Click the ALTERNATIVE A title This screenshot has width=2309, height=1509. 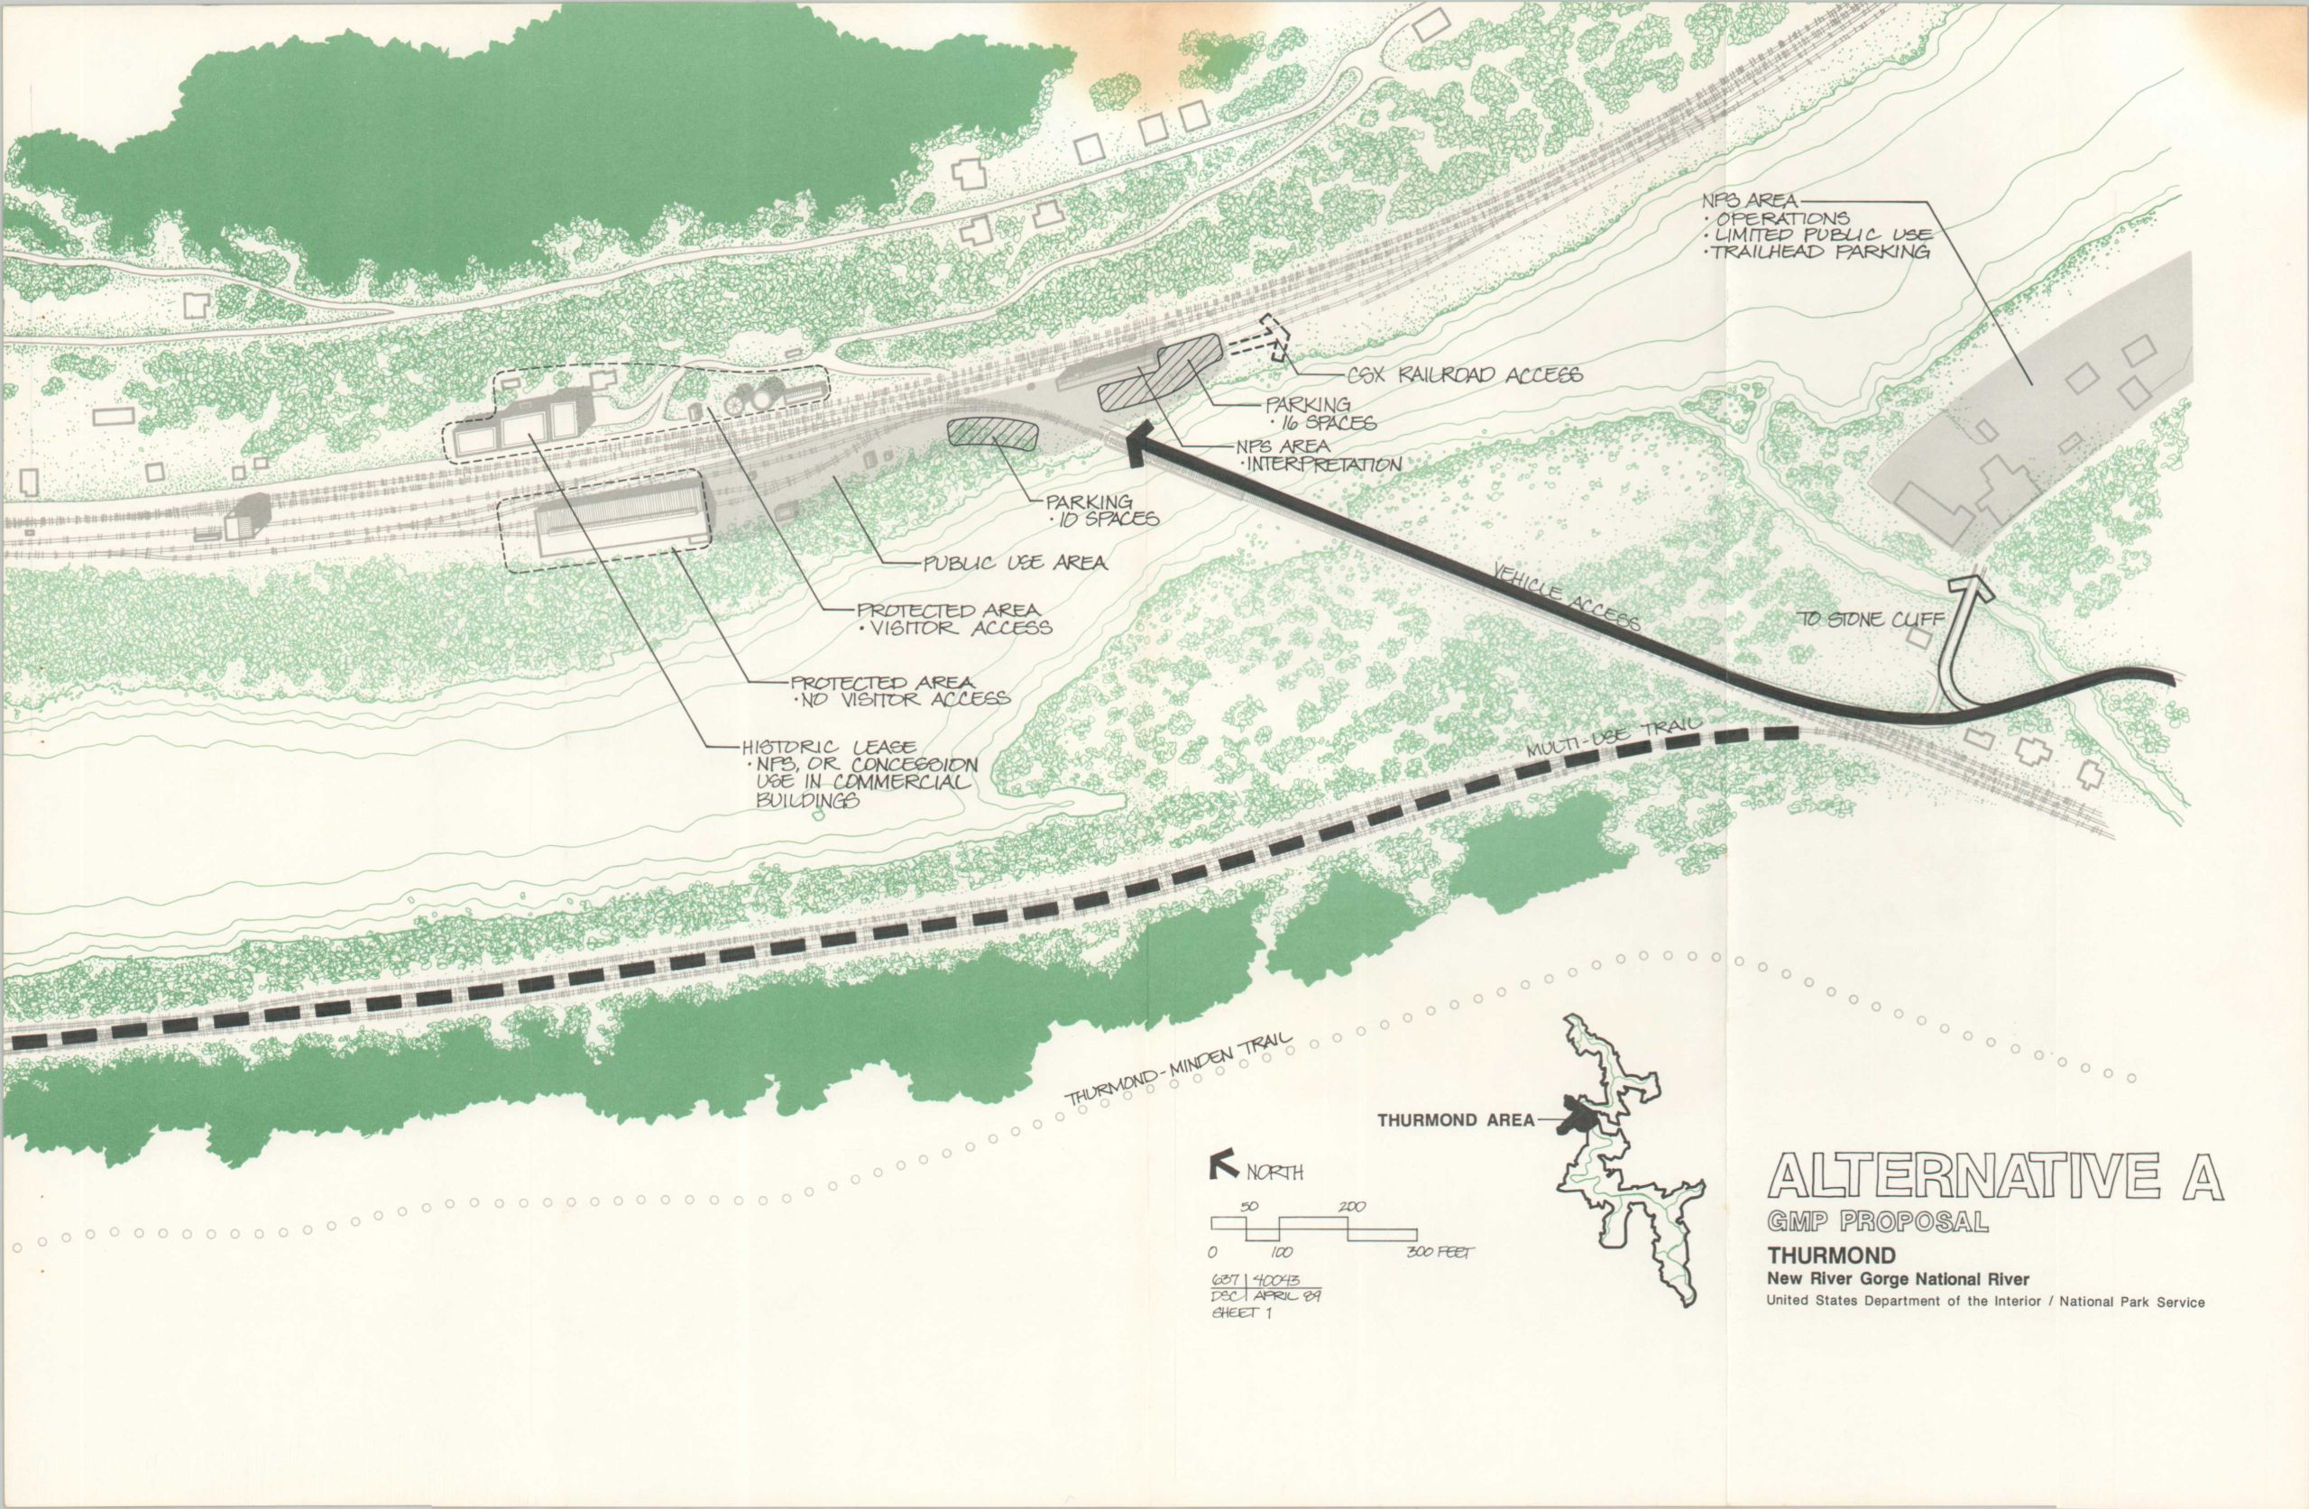(1994, 1178)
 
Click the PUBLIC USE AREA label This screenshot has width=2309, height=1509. (1014, 563)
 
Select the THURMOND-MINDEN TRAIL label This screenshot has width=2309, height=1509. (1179, 1071)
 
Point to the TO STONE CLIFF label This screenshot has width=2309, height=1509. (1851, 619)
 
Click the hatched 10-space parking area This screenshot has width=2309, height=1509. (991, 434)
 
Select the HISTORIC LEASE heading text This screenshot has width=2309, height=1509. (828, 749)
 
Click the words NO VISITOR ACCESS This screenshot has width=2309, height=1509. (900, 698)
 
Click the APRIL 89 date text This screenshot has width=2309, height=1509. (1284, 1296)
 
